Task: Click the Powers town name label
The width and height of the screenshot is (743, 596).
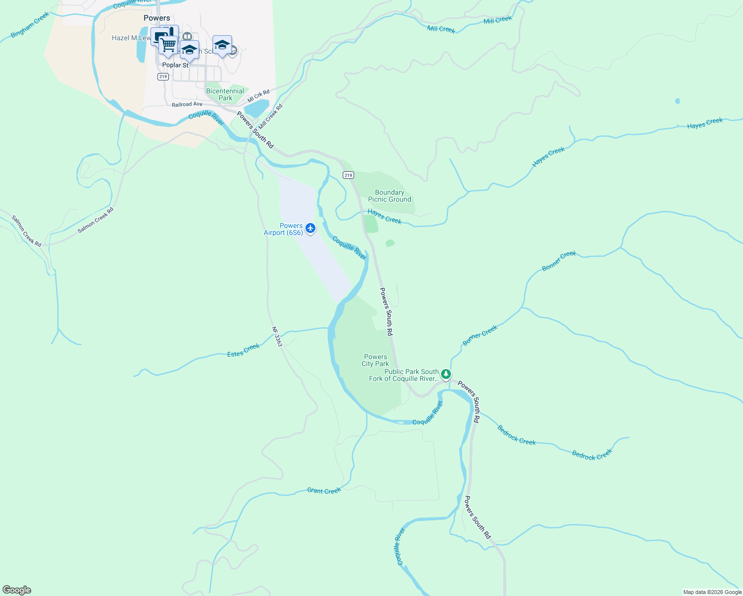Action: click(157, 18)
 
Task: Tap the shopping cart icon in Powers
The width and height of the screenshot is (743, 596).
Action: click(168, 45)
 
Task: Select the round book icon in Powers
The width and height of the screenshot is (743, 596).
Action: click(187, 36)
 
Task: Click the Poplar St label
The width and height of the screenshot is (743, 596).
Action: click(175, 65)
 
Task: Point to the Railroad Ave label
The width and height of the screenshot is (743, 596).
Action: click(187, 104)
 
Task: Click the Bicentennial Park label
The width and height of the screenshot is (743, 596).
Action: click(225, 94)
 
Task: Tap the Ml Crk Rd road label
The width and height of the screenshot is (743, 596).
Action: click(258, 96)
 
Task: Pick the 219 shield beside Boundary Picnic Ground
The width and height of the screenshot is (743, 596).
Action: click(348, 175)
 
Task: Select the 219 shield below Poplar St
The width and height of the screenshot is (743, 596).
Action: click(163, 76)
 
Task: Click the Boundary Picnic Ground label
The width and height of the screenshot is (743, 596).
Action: click(389, 196)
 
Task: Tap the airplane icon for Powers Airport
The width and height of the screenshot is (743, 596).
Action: click(310, 228)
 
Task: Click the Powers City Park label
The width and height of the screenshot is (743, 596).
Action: click(375, 360)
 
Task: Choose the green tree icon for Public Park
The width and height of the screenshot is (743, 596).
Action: click(446, 374)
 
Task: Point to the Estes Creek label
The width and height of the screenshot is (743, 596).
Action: click(243, 351)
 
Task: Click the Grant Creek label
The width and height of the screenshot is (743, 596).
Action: click(324, 491)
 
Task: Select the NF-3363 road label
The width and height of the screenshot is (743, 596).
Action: click(277, 336)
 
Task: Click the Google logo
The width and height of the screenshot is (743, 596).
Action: click(17, 590)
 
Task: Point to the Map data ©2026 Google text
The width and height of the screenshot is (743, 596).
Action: click(712, 592)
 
